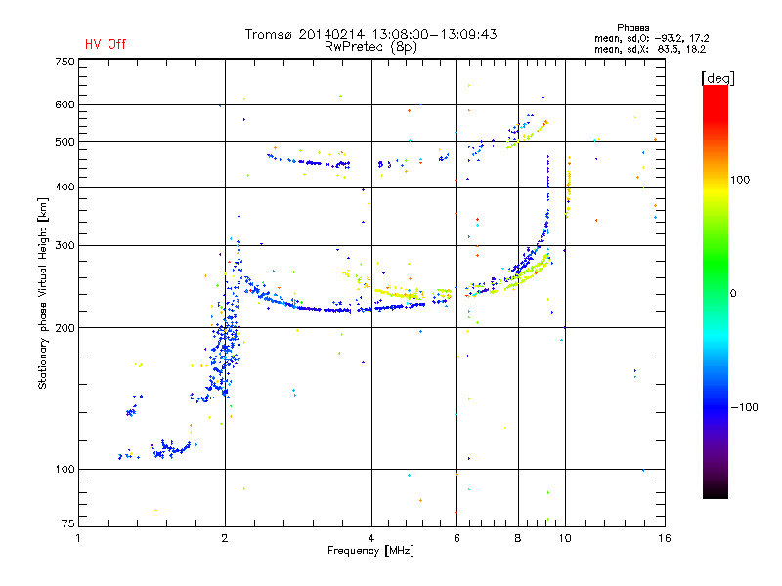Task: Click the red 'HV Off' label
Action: [x=106, y=44]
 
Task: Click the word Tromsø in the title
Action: [x=268, y=34]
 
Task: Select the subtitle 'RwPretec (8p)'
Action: [x=370, y=47]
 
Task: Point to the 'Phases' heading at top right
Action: [x=632, y=28]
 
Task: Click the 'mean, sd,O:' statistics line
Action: [x=651, y=38]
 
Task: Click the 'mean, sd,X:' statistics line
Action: [x=650, y=49]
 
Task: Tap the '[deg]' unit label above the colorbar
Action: [x=717, y=78]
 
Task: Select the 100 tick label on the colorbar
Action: [x=740, y=180]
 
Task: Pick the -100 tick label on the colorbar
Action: [x=744, y=407]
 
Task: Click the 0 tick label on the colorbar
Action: [x=733, y=293]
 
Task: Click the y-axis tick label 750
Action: [x=65, y=62]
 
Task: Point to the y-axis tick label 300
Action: [x=65, y=245]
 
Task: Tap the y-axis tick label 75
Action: [x=67, y=523]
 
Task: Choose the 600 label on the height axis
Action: [x=65, y=105]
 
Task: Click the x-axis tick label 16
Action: [x=665, y=538]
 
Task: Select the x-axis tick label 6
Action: [x=456, y=538]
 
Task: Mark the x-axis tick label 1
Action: [x=78, y=538]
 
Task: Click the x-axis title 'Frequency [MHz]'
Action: [x=370, y=551]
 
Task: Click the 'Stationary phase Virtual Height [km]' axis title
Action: [x=42, y=293]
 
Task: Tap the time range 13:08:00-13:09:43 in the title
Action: [x=434, y=34]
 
